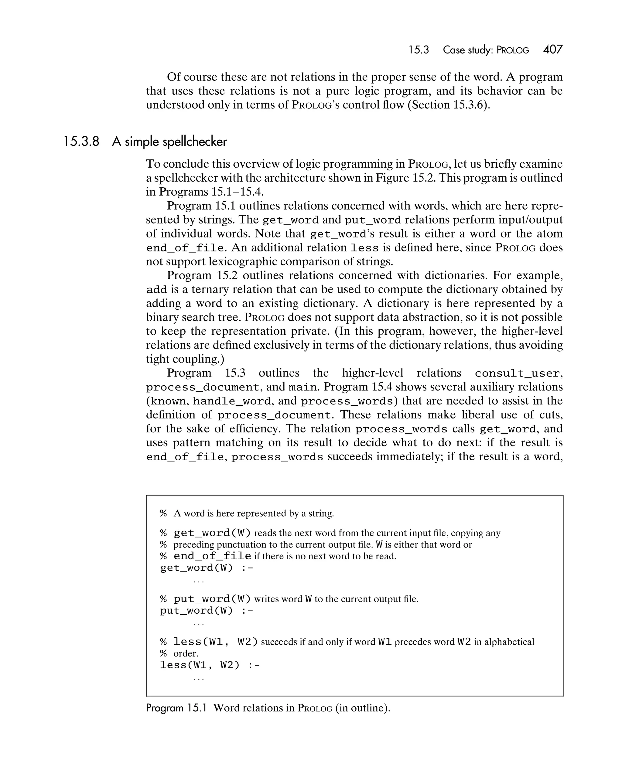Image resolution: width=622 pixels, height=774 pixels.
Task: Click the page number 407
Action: (x=553, y=49)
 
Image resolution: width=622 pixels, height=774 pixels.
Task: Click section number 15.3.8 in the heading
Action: (x=81, y=142)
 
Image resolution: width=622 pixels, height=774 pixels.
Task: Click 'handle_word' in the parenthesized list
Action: (x=232, y=401)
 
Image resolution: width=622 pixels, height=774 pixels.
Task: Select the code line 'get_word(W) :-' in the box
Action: (x=207, y=568)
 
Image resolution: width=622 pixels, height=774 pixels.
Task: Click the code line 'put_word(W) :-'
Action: (x=207, y=611)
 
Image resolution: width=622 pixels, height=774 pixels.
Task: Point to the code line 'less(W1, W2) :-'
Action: (x=210, y=665)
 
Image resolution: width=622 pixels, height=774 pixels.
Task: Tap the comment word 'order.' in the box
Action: (x=186, y=653)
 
